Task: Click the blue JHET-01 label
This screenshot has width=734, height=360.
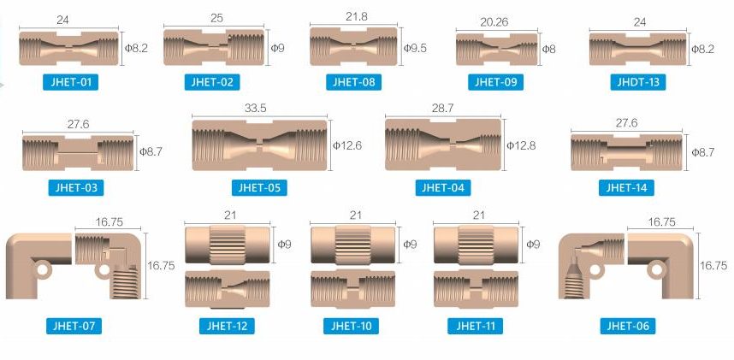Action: click(70, 82)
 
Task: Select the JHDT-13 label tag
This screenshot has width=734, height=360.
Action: click(638, 82)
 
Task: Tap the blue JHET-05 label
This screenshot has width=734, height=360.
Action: click(259, 188)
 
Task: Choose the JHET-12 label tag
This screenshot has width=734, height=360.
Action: click(227, 326)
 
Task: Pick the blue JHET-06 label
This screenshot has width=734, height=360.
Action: click(628, 326)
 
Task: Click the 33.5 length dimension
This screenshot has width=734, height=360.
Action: click(256, 108)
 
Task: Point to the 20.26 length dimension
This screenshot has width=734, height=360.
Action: click(494, 22)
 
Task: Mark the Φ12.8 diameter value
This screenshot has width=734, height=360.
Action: click(520, 145)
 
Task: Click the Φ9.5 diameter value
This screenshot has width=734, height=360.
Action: click(415, 48)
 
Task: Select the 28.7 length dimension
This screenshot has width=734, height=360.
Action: click(443, 108)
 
